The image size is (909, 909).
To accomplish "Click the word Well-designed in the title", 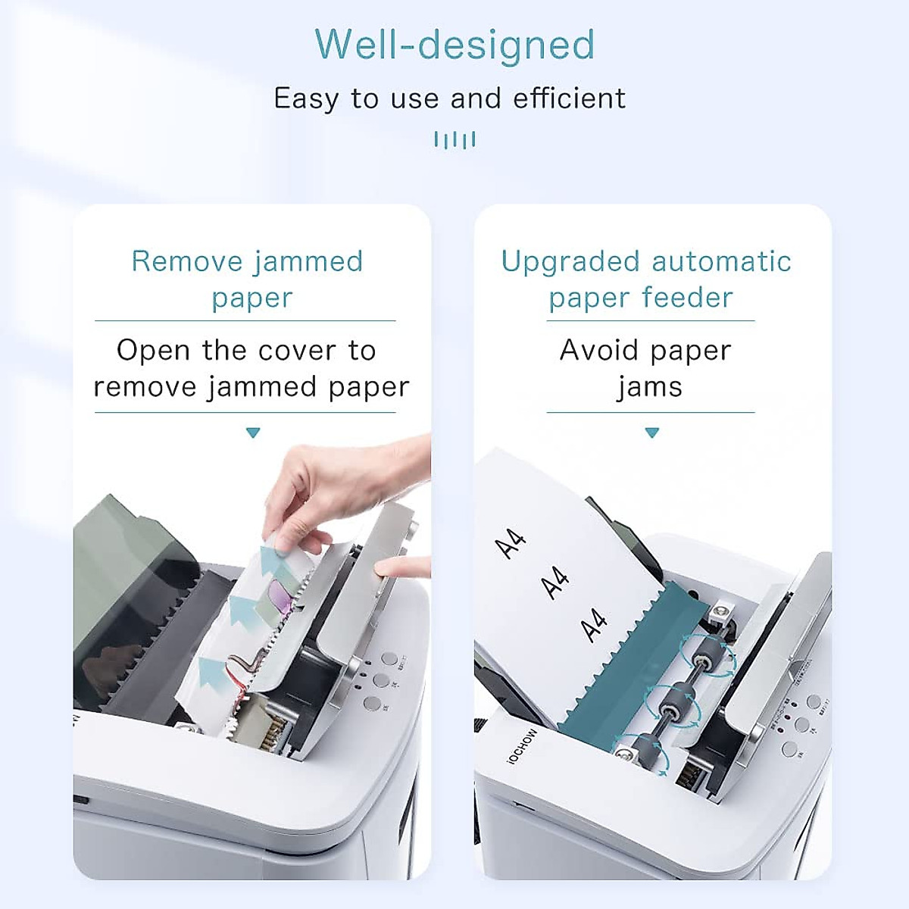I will (454, 45).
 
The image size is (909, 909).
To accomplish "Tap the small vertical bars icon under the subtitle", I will (454, 139).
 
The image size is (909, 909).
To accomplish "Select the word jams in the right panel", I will (650, 387).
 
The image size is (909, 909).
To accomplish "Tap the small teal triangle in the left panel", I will (253, 433).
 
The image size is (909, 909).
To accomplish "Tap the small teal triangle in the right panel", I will (651, 433).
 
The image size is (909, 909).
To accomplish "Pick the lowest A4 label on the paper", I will (593, 625).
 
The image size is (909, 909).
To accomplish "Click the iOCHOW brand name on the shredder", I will (523, 745).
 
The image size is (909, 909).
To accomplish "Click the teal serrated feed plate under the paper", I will (621, 667).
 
